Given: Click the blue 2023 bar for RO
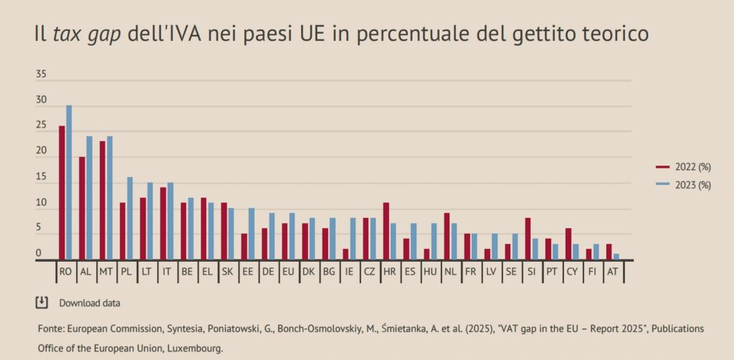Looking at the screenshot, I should pos(69,183).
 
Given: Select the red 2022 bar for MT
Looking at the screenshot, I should pos(103,201).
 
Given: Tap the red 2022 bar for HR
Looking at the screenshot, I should pos(386,232).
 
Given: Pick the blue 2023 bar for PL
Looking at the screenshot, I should pos(130,219).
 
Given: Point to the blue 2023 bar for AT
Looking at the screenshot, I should pos(616,257).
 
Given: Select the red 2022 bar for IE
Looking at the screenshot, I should pos(345,255).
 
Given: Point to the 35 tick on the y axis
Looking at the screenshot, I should pos(41,75).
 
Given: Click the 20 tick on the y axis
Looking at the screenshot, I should pos(41,152).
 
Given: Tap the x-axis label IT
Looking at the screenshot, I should pos(166,273).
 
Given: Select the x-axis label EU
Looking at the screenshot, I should pos(287,273).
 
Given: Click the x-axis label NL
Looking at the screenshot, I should pos(450,273).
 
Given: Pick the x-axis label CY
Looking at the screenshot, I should pos(571,273).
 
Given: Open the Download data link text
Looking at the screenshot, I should pos(90,303).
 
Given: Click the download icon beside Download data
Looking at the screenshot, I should pos(42,302).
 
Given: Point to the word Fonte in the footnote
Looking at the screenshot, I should pos(50,328).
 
